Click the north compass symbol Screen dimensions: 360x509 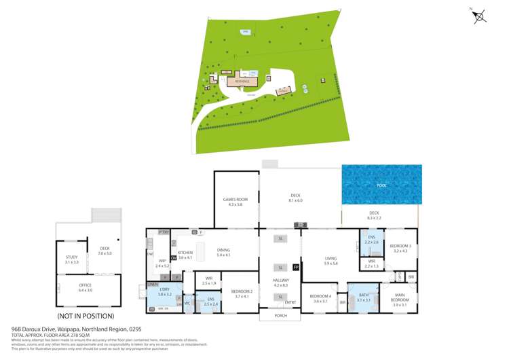[x=479, y=16]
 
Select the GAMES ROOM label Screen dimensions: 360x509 [x=236, y=199]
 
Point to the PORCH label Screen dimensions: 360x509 [x=281, y=316]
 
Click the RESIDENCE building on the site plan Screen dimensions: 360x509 [x=242, y=81]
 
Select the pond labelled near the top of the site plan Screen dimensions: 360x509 [x=245, y=31]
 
